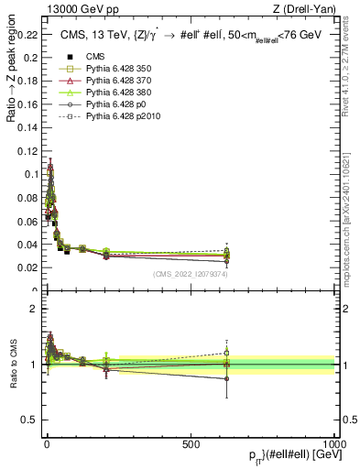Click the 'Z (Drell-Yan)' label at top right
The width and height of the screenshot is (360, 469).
click(309, 9)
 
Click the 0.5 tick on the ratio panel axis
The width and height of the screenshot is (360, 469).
click(29, 420)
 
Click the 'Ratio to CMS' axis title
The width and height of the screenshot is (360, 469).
click(11, 365)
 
